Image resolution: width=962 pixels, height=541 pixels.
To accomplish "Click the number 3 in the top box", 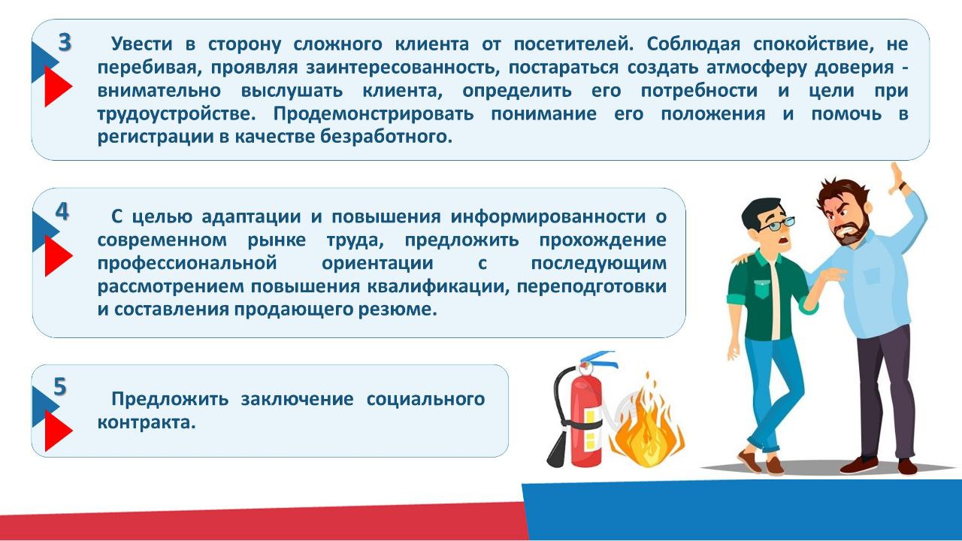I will tap(65, 44).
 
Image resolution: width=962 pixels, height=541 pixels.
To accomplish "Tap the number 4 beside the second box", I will tap(62, 213).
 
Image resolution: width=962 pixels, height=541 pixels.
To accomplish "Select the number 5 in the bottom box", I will tap(60, 387).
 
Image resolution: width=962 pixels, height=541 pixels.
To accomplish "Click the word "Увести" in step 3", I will tap(142, 43).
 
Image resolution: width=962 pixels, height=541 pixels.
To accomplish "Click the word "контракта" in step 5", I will tap(147, 422).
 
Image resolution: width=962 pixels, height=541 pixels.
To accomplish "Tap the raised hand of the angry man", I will tap(897, 178).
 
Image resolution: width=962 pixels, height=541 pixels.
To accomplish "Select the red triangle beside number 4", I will tap(56, 256).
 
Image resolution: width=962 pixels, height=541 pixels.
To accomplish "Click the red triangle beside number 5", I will tap(56, 431).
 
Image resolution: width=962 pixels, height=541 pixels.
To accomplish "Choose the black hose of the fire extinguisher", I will tap(560, 443).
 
